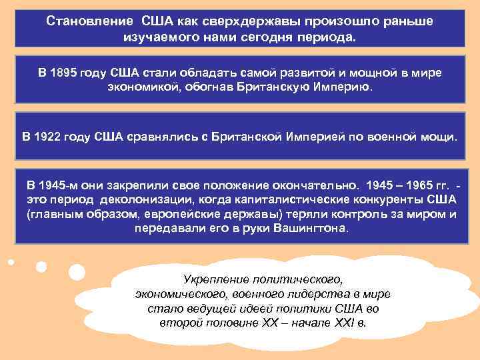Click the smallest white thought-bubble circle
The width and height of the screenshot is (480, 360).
11,261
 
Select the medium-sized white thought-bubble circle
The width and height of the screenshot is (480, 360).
41,266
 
